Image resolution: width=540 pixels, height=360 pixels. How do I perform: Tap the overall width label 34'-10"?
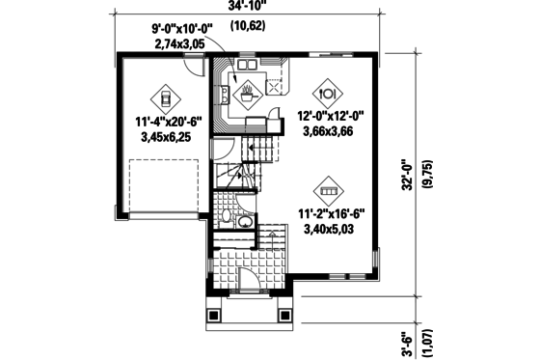click(x=249, y=7)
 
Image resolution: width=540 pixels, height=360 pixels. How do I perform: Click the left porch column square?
click(x=214, y=315)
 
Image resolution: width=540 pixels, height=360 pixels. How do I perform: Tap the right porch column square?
click(x=285, y=315)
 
